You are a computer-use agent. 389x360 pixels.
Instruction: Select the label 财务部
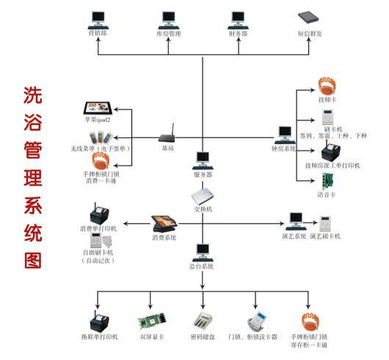[x=238, y=33]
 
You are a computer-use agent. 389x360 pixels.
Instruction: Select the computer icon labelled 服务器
[x=203, y=159]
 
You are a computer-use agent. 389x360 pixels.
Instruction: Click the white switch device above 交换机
[x=203, y=197]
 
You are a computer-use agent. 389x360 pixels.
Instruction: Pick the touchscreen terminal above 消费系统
[x=164, y=222]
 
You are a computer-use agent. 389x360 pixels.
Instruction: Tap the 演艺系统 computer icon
[x=297, y=218]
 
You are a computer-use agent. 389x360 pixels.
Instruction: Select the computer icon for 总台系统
[x=202, y=253]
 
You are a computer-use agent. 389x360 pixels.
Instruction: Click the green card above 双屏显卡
[x=150, y=320]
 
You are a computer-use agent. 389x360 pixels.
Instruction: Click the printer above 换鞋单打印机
[x=99, y=320]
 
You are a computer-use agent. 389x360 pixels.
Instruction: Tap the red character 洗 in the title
[x=33, y=95]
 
